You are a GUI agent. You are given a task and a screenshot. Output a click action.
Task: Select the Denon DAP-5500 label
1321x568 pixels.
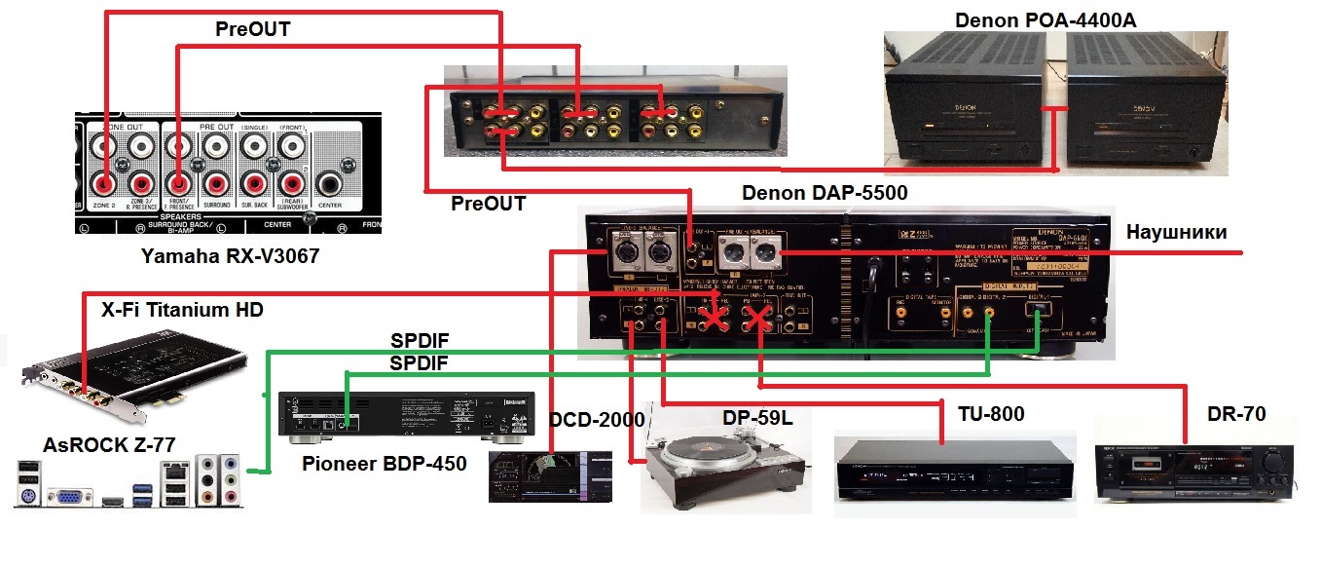click(x=825, y=193)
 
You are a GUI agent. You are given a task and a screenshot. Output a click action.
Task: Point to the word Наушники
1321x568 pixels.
click(x=1177, y=232)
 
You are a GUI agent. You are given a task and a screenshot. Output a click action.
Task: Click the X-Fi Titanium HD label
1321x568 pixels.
click(x=183, y=310)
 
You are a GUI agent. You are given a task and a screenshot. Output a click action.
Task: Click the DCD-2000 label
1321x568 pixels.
click(x=597, y=420)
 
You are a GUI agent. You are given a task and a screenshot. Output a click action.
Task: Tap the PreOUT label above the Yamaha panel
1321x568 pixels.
click(x=252, y=29)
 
